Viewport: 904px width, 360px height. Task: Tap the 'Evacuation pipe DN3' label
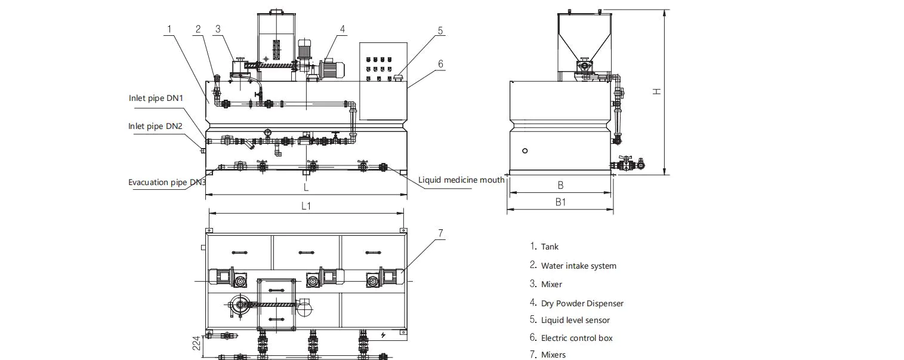tap(166, 182)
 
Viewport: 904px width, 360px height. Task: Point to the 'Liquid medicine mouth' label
tap(461, 179)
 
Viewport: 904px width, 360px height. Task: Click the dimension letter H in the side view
tap(656, 91)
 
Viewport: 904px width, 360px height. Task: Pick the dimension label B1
tap(560, 202)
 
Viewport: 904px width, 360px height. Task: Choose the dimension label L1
tap(306, 206)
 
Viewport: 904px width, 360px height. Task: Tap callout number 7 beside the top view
tap(441, 233)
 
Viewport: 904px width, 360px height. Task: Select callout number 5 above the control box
tap(440, 32)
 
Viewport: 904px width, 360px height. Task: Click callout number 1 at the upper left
tap(170, 28)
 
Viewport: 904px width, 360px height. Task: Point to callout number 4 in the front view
tap(343, 28)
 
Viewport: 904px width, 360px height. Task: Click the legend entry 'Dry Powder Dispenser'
tap(582, 303)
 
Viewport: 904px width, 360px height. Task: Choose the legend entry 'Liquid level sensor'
tap(575, 320)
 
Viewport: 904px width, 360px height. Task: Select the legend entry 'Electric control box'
tap(576, 338)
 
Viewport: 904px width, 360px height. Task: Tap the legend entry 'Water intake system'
tap(578, 266)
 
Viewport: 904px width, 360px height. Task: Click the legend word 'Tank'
tap(550, 247)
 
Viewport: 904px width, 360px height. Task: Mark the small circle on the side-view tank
tap(524, 151)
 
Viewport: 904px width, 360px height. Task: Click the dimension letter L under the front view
tap(306, 187)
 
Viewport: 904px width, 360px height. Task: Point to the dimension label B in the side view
tap(560, 186)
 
